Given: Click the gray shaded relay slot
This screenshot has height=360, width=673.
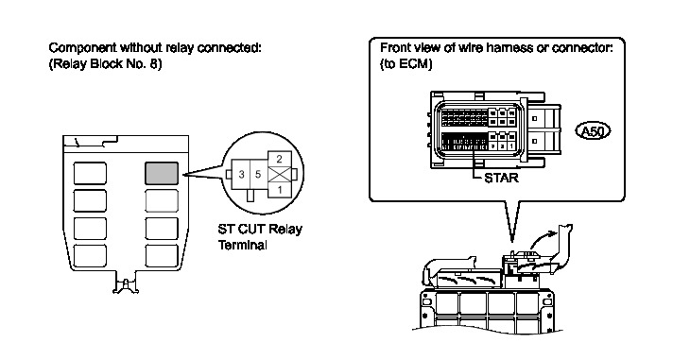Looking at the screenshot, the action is pyautogui.click(x=162, y=173).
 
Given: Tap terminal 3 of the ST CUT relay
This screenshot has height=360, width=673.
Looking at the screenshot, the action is pyautogui.click(x=241, y=174).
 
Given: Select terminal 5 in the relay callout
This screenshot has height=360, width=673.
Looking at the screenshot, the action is pyautogui.click(x=258, y=174).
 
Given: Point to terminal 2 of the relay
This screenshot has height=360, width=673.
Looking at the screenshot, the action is pyautogui.click(x=280, y=159).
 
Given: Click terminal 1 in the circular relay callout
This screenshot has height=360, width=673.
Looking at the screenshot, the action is pyautogui.click(x=280, y=189).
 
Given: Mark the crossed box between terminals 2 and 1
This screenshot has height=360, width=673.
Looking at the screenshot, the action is pyautogui.click(x=280, y=175).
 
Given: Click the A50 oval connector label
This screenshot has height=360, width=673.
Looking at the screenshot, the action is pyautogui.click(x=593, y=131).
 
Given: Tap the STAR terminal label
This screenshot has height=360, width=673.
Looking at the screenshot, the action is pyautogui.click(x=501, y=178).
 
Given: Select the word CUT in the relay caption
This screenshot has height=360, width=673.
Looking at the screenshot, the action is pyautogui.click(x=251, y=229).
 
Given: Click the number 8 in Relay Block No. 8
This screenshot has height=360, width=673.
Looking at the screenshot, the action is pyautogui.click(x=155, y=64).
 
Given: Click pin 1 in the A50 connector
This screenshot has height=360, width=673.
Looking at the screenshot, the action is pyautogui.click(x=511, y=146).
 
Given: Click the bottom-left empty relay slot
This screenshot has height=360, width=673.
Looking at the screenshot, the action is pyautogui.click(x=90, y=256).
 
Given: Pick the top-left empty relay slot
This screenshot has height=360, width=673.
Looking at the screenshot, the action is pyautogui.click(x=90, y=173).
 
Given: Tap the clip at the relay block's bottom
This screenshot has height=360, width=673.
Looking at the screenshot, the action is pyautogui.click(x=126, y=285).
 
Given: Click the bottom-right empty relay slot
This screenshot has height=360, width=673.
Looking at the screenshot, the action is pyautogui.click(x=162, y=256).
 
